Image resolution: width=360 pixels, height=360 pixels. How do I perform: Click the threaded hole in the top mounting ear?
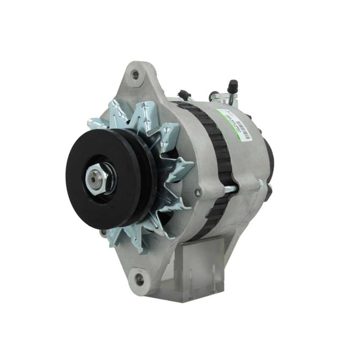click(135, 75)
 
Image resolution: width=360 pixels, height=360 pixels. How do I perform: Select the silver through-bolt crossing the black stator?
click(230, 188)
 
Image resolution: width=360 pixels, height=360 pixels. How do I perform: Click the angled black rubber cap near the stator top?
click(184, 94)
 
